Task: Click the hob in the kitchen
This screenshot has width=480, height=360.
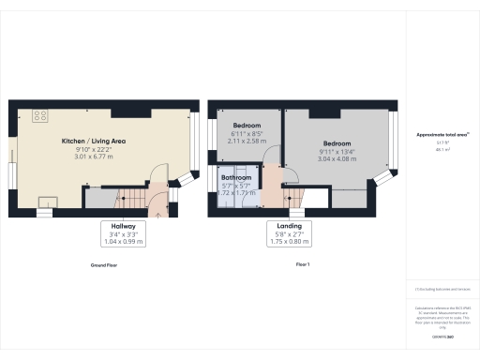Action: (40, 116)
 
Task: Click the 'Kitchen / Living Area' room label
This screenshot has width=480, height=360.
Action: (94, 141)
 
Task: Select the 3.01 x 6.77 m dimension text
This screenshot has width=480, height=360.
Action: (94, 157)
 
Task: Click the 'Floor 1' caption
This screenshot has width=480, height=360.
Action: (303, 265)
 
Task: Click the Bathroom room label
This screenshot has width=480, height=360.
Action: (236, 177)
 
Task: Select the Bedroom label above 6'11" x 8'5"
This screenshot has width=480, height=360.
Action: (247, 126)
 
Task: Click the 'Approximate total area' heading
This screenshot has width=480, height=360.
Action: (442, 135)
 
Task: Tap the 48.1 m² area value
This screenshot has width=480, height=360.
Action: (442, 149)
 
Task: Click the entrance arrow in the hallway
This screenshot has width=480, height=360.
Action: (157, 212)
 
